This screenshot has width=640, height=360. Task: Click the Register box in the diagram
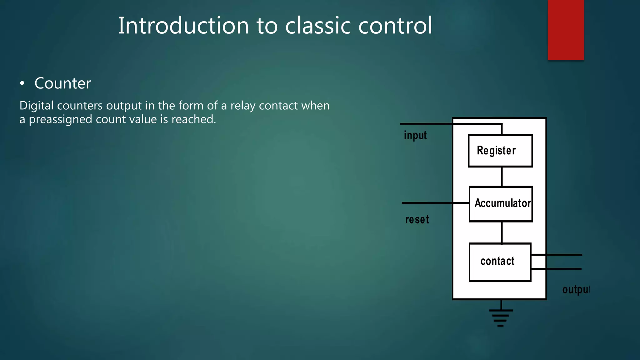(500, 151)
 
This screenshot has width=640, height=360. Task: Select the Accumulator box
(501, 204)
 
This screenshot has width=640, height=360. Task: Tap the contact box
(500, 262)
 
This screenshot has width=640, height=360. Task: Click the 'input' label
(415, 135)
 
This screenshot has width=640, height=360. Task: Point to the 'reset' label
(417, 219)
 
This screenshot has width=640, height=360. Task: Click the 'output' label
(576, 289)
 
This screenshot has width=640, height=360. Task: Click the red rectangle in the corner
(566, 30)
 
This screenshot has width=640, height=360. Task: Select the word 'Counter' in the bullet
(62, 83)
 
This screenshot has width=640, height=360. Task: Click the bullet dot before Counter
(22, 83)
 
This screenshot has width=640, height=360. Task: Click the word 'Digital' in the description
(37, 106)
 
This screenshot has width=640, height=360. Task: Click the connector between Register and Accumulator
(502, 177)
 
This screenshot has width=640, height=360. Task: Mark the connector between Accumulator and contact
(502, 232)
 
